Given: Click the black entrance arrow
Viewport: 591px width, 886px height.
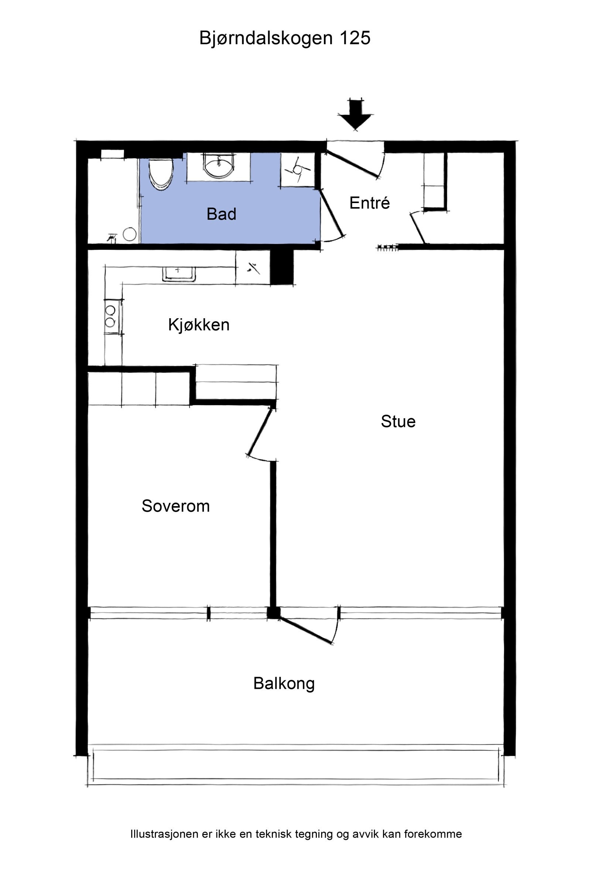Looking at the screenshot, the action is pyautogui.click(x=355, y=114).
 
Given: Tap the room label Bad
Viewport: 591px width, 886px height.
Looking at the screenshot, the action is pyautogui.click(x=222, y=214).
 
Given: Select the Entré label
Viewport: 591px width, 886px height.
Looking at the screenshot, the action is pyautogui.click(x=369, y=203).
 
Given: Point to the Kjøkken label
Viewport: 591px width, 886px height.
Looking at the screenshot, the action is pyautogui.click(x=199, y=324).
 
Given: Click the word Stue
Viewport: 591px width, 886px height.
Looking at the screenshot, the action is pyautogui.click(x=398, y=421).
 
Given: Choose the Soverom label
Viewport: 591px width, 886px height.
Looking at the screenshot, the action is pyautogui.click(x=176, y=506).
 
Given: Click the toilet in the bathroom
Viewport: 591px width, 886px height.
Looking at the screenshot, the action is pyautogui.click(x=161, y=174).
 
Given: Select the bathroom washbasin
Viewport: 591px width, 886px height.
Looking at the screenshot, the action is pyautogui.click(x=219, y=165).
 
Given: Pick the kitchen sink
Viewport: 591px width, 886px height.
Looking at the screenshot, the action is pyautogui.click(x=179, y=274).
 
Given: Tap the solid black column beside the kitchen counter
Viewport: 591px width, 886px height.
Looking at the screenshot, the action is pyautogui.click(x=282, y=267).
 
